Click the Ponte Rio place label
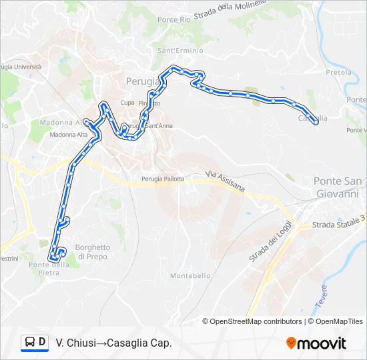tap(174, 20)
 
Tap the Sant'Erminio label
tap(175, 51)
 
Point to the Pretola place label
tap(338, 72)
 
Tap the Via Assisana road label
tap(225, 181)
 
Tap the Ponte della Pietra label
tap(49, 269)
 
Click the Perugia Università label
tap(20, 67)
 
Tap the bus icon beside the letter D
tap(30, 343)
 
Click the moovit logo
tap(316, 343)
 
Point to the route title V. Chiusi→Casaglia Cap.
tap(114, 343)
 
